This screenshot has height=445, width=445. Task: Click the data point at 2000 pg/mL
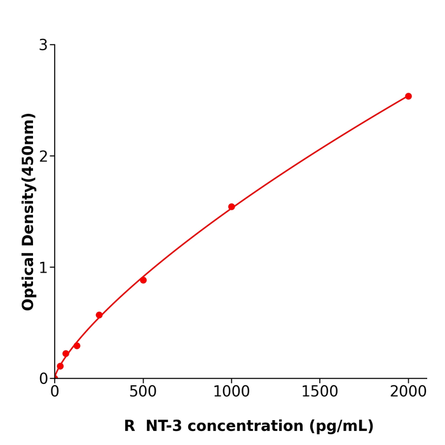[408, 97]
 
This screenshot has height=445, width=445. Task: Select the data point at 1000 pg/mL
[231, 207]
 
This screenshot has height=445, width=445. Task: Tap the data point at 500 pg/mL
[143, 280]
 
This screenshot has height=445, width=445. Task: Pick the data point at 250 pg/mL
[99, 315]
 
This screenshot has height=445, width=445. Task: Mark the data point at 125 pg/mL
[77, 346]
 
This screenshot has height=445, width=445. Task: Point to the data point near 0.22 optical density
[65, 353]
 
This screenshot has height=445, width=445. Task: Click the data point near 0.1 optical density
[60, 366]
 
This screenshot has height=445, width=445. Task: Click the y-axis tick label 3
[43, 45]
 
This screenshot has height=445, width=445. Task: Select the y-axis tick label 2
[43, 156]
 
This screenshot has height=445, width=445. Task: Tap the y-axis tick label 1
[43, 268]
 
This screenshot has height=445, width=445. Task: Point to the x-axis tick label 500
[143, 392]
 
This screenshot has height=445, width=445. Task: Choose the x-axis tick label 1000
[231, 392]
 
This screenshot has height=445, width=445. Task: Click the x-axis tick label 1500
[320, 392]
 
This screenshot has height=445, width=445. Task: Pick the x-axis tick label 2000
[408, 392]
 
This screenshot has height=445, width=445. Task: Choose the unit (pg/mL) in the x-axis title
[341, 427]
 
